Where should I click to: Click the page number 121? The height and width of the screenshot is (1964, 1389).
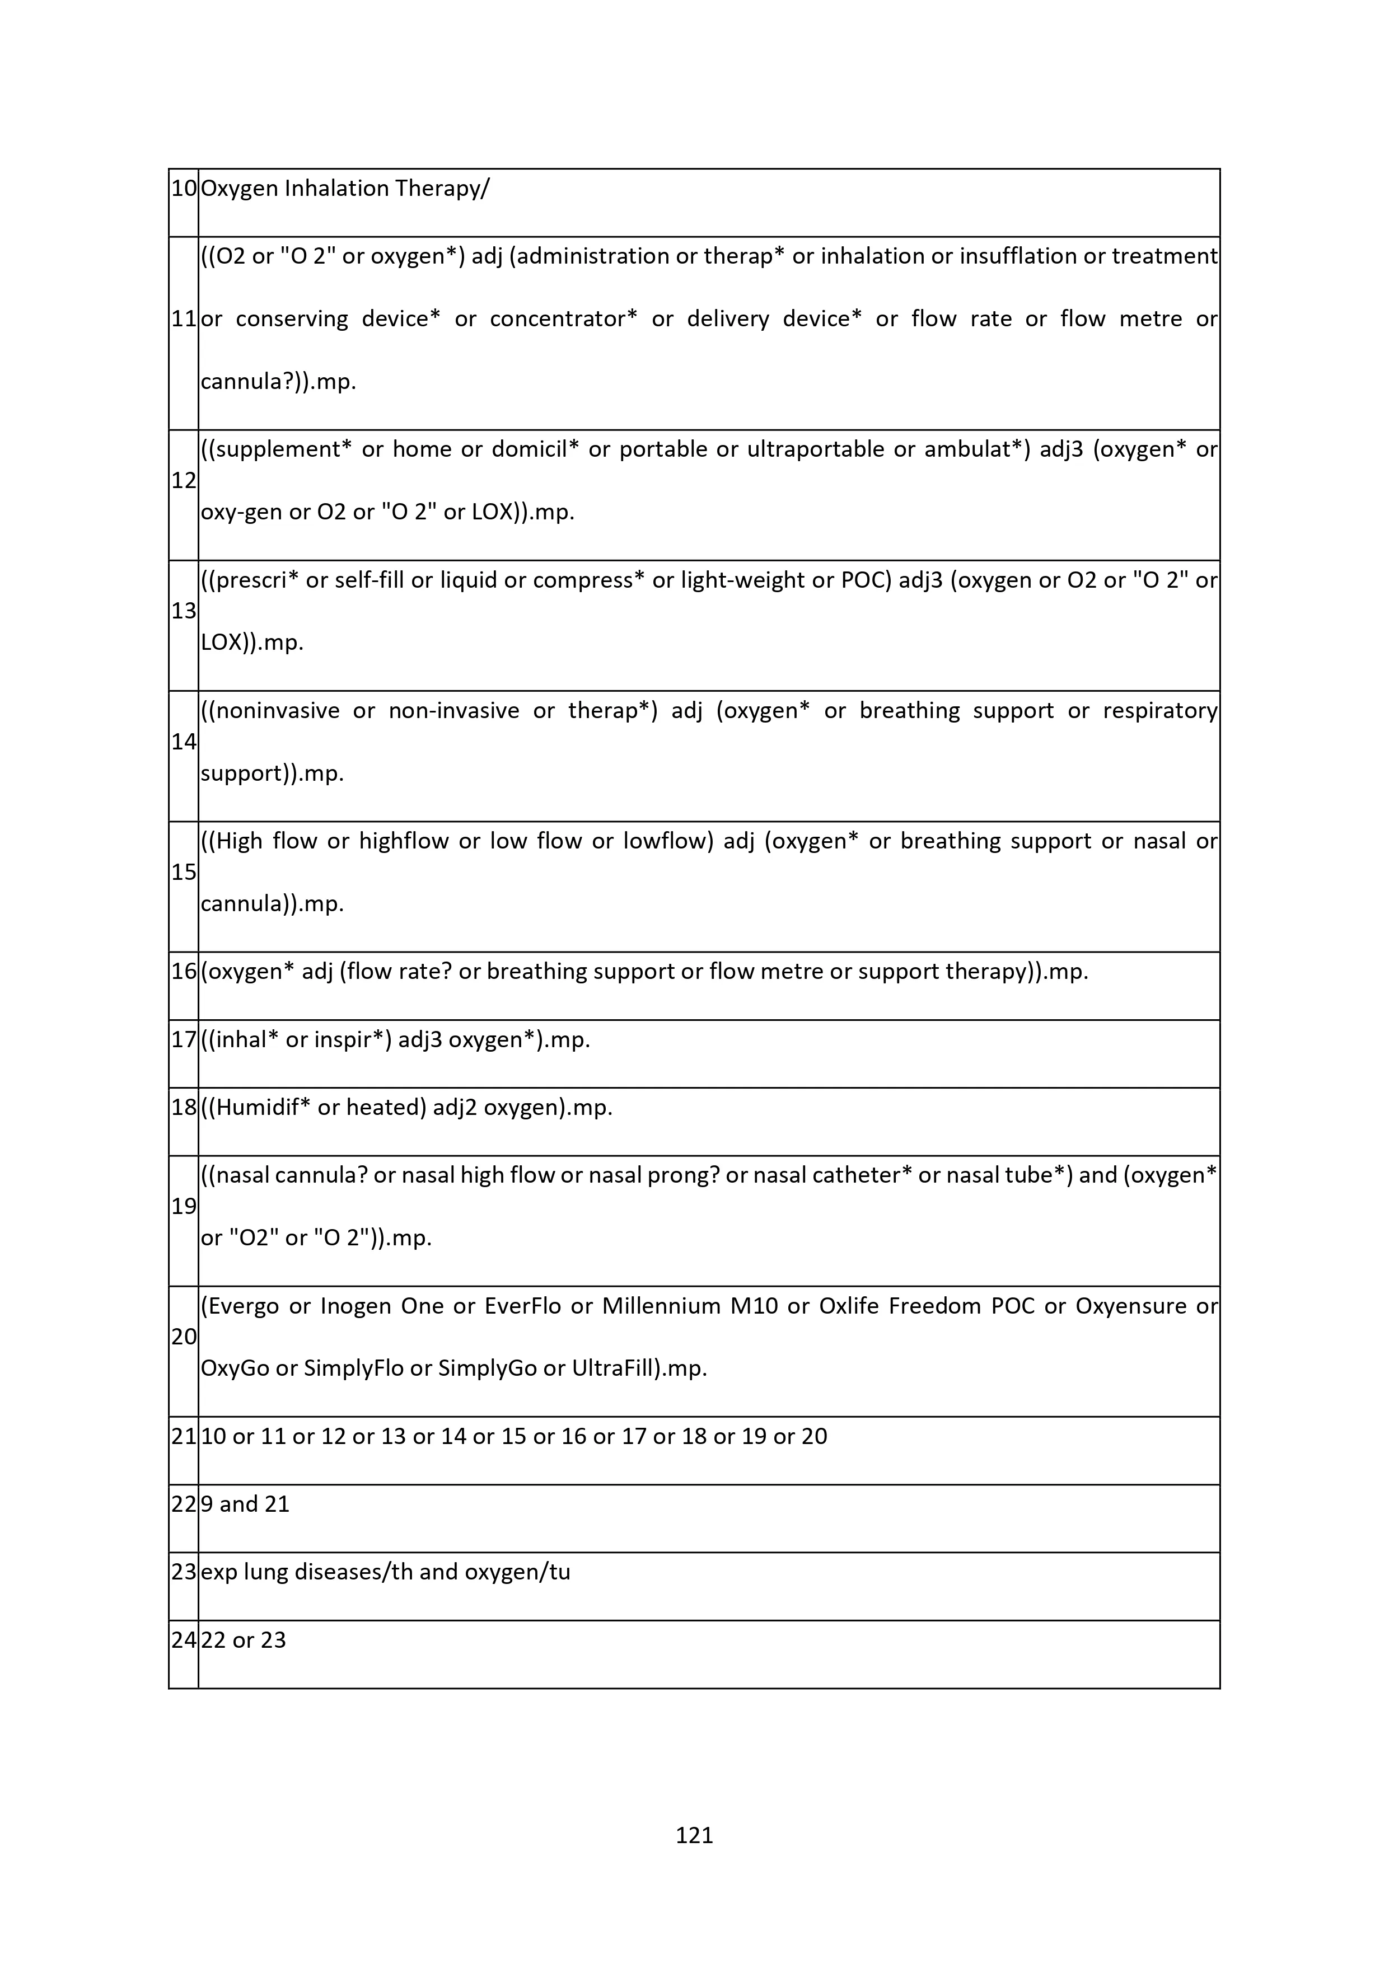tap(694, 1835)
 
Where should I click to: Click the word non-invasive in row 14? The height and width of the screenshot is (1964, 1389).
tap(453, 711)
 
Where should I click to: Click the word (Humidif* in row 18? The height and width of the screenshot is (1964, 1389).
tap(256, 1108)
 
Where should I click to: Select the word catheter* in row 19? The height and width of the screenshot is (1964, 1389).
tap(862, 1175)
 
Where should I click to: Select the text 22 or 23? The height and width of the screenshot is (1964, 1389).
tap(243, 1640)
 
